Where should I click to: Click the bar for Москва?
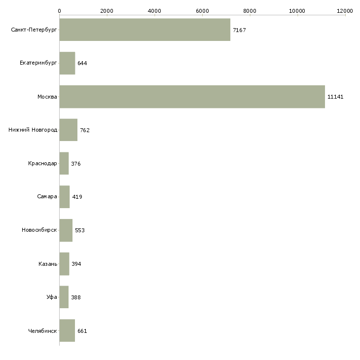tap(192, 97)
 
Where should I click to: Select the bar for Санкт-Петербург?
tap(144, 30)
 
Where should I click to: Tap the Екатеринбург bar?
tap(67, 63)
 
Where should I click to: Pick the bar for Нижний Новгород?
tap(68, 130)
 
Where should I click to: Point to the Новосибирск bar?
tap(66, 230)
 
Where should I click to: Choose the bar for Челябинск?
tap(67, 331)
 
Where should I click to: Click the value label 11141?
tap(335, 97)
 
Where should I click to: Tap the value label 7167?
tap(239, 30)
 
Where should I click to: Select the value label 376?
tap(76, 164)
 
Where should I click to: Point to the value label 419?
tap(77, 197)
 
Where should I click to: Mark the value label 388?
tap(76, 297)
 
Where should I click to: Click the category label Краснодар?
tap(43, 164)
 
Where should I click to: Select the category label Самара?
tap(47, 197)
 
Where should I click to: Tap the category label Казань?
tap(48, 264)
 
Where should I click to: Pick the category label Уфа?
tap(52, 297)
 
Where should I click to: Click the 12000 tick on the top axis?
tap(345, 10)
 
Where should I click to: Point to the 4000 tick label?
tap(154, 10)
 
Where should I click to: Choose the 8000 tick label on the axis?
tap(250, 10)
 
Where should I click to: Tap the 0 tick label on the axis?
tap(59, 10)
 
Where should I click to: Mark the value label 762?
tap(85, 130)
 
